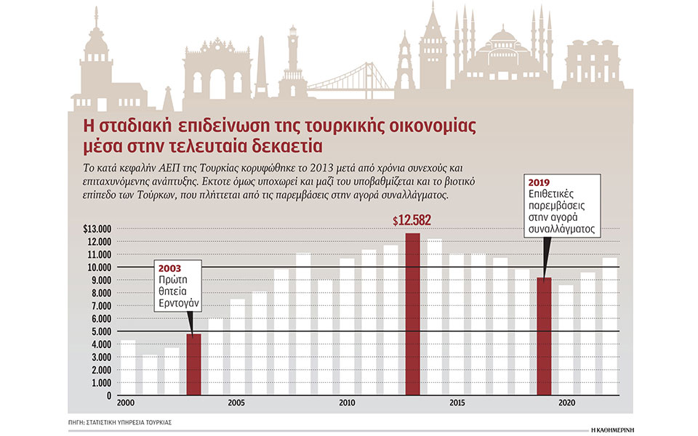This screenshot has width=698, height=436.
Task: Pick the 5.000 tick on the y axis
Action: coord(100,332)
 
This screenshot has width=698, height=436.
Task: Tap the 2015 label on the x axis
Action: coord(456,403)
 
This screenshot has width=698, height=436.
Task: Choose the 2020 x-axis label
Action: coord(566,403)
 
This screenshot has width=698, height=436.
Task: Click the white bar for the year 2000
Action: coord(128,368)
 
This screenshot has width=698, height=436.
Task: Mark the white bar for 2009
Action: coord(325,338)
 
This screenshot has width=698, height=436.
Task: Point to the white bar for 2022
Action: coord(610,326)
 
